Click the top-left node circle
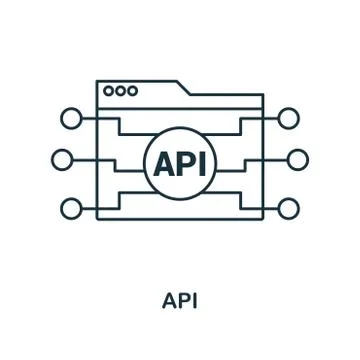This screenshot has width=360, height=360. click(x=71, y=118)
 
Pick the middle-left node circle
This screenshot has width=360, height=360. click(x=62, y=159)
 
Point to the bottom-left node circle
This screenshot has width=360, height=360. click(x=71, y=208)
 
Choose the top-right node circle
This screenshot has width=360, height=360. click(x=288, y=118)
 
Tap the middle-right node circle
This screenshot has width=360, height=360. click(x=297, y=159)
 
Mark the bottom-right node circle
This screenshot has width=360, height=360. click(x=288, y=208)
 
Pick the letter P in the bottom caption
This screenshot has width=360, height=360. click(x=182, y=300)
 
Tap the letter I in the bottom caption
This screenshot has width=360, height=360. click(x=194, y=300)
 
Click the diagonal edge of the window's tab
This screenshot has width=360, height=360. click(x=185, y=89)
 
